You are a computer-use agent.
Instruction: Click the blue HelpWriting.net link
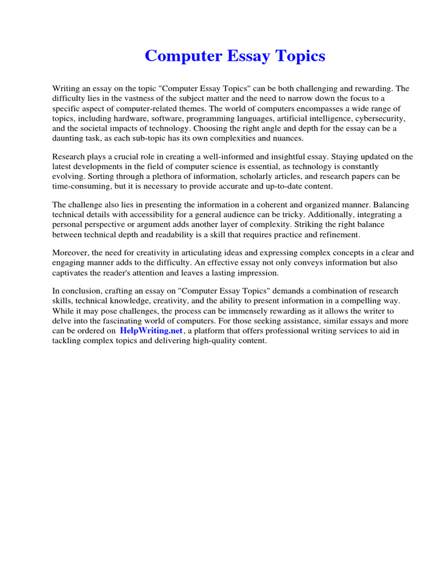pos(151,331)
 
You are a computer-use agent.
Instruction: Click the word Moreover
pos(71,253)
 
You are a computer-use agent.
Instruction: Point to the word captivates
pos(71,273)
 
